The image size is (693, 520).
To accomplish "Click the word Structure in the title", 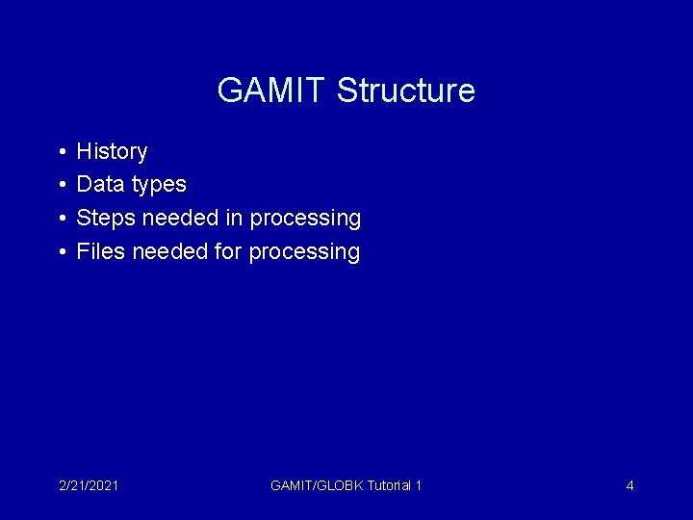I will [x=405, y=91].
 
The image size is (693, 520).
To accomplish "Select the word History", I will [x=112, y=151].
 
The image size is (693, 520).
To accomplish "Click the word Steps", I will [x=106, y=219].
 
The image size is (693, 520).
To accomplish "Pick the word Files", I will [x=101, y=251].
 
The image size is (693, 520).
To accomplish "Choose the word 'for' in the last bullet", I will [x=228, y=251].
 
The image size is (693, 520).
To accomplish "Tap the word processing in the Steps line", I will [x=305, y=220].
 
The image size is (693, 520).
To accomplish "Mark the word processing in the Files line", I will [x=304, y=252].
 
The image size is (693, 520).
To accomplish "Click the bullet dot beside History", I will [x=61, y=152].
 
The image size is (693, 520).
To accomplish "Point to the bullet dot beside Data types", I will [x=61, y=185].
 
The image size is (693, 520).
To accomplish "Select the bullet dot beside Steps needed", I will [x=61, y=219].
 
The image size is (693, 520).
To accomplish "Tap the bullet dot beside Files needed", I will [x=61, y=252].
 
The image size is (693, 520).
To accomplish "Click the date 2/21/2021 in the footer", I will [x=88, y=485].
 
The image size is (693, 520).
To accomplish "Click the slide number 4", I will [x=629, y=485].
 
